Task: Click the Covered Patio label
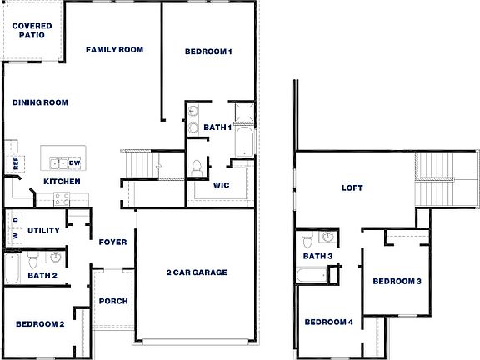[x=32, y=32]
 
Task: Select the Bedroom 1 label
[x=208, y=52]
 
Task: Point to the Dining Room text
[x=40, y=103]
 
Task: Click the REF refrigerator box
[x=15, y=163]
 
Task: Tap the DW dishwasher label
[x=74, y=162]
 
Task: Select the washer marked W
[x=15, y=237]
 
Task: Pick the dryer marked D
[x=15, y=221]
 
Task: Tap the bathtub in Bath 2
[x=12, y=267]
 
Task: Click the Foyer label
[x=112, y=242]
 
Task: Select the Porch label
[x=112, y=302]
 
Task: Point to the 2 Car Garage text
[x=197, y=272]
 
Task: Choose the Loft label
[x=353, y=188]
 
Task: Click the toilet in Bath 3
[x=307, y=241]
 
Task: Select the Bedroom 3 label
[x=397, y=282]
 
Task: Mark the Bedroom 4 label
[x=328, y=322]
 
